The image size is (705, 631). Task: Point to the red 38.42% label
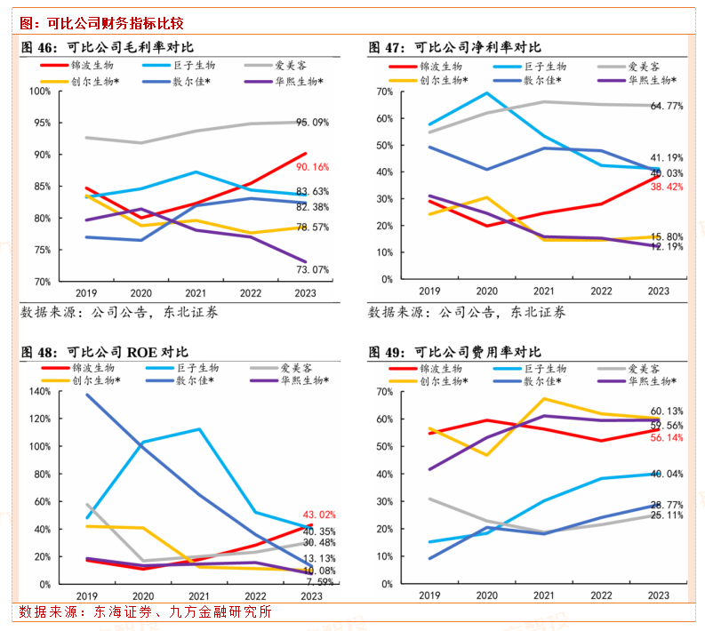666,188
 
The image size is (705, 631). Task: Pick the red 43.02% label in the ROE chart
320,515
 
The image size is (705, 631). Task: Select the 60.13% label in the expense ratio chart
666,411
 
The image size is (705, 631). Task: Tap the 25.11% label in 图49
666,515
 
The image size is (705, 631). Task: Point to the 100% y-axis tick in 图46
40,91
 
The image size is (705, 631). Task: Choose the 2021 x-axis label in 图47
544,291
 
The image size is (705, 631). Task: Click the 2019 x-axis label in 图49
429,596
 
